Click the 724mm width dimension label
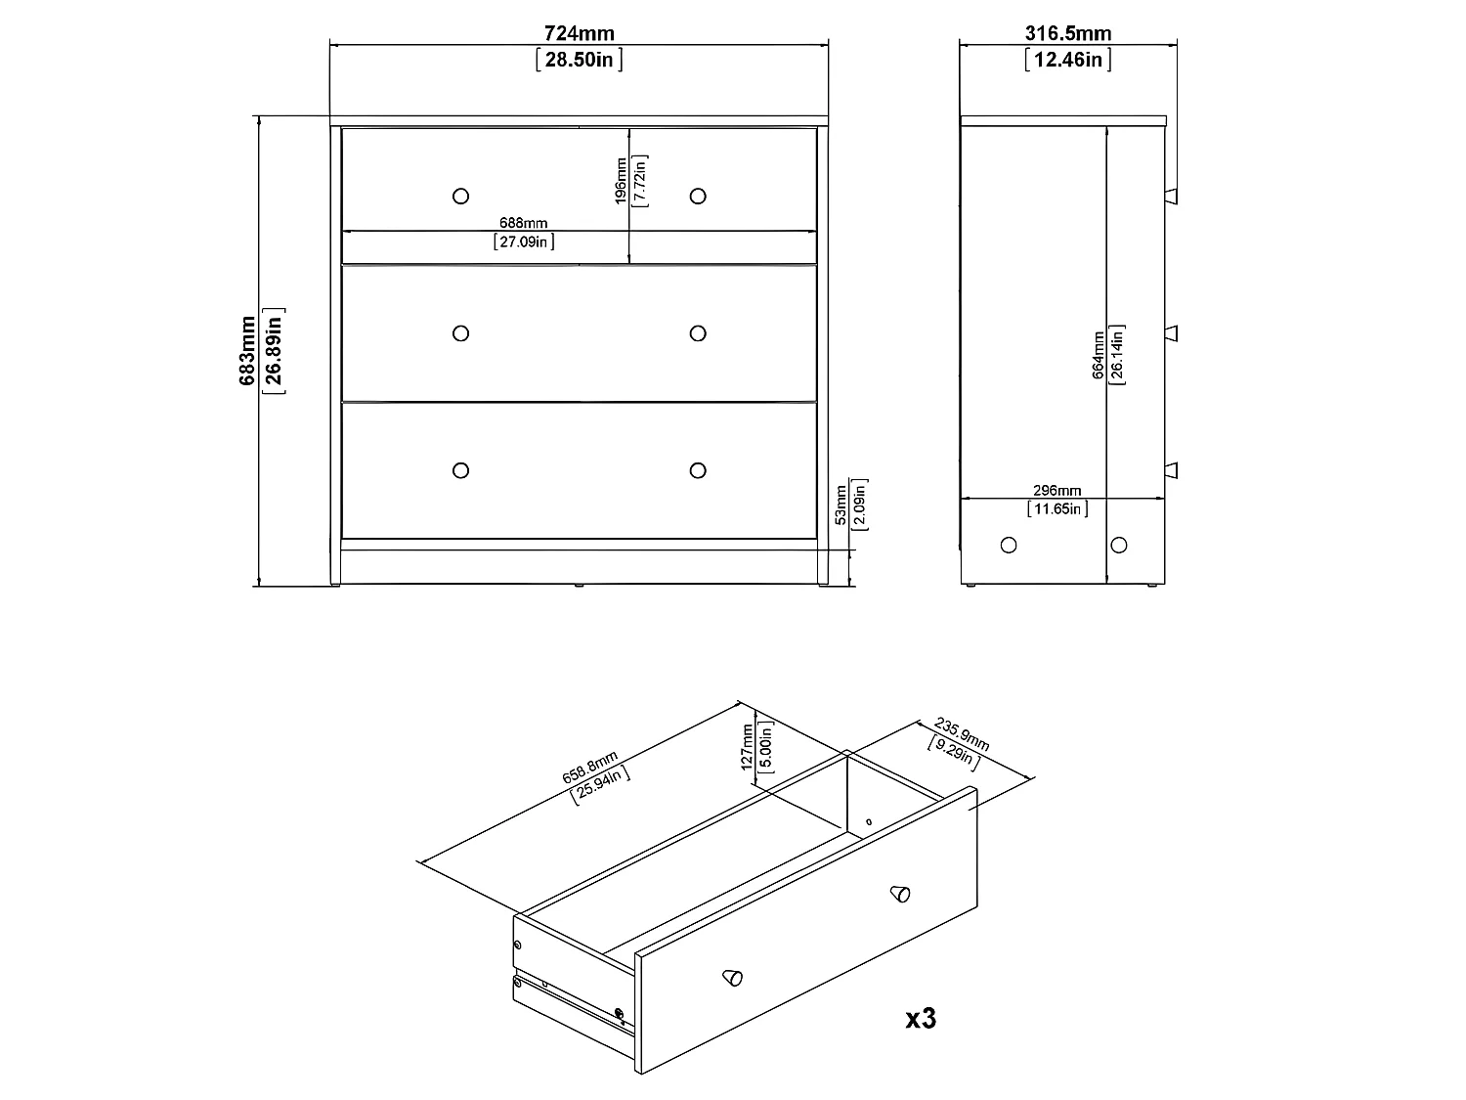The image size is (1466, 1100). click(579, 32)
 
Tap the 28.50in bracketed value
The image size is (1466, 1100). click(579, 60)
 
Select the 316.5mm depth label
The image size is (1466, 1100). click(1068, 32)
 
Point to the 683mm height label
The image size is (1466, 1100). click(247, 351)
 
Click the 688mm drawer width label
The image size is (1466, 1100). click(524, 222)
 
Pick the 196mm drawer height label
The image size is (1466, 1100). click(621, 180)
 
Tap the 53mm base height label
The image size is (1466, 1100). click(841, 505)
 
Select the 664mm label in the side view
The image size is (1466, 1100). click(1098, 355)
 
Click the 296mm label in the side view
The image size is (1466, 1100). click(1057, 490)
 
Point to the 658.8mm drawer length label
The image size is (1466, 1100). click(589, 766)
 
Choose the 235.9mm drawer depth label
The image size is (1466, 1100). click(962, 734)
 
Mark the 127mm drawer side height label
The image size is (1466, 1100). click(748, 747)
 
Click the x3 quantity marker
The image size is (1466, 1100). click(921, 1019)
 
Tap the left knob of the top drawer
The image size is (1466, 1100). click(461, 197)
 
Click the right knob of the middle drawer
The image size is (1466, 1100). click(698, 333)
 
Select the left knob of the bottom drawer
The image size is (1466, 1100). click(461, 471)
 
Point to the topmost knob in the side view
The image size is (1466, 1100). click(1171, 197)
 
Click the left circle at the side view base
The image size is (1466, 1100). click(1009, 545)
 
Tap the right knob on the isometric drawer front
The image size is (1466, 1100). click(900, 894)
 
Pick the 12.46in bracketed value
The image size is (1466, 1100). click(1068, 60)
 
